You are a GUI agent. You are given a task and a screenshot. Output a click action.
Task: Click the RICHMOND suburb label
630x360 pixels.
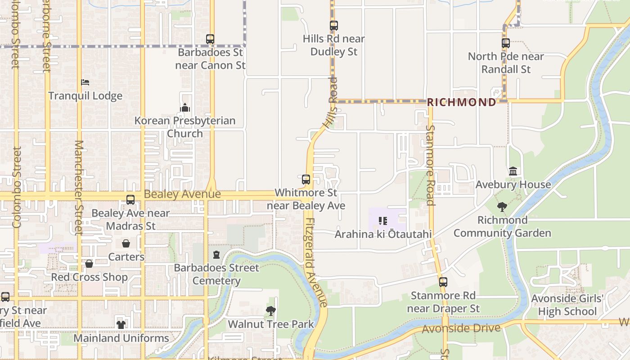point(461,102)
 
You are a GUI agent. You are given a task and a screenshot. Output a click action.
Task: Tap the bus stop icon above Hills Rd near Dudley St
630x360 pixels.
point(333,26)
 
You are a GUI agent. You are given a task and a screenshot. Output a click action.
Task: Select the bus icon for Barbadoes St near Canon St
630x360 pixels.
point(210,39)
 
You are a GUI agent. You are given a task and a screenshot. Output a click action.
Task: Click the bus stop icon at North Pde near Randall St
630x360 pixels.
point(506,43)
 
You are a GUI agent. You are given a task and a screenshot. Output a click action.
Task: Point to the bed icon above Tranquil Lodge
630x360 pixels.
point(85,82)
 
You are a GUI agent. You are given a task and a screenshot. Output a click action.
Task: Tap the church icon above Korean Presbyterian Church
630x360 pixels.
point(185,108)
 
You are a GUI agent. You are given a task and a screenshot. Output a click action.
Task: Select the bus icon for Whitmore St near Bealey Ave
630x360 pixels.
point(306,180)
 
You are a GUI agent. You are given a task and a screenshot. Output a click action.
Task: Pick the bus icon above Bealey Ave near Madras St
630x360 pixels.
point(130,200)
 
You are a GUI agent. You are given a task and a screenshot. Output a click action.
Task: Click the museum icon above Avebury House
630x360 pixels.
point(513,171)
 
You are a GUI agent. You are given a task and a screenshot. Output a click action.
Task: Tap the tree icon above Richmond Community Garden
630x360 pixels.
point(502,207)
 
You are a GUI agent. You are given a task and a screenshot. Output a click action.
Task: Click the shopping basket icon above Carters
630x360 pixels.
point(126,244)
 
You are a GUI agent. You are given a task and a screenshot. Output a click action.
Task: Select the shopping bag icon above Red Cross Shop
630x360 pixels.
point(89,264)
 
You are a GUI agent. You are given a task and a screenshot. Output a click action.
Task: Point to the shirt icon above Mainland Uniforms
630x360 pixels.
point(121,324)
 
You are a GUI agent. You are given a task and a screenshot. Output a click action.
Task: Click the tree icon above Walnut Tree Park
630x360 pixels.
point(271,310)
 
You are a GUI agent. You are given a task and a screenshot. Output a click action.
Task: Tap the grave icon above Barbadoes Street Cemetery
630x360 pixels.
point(216,255)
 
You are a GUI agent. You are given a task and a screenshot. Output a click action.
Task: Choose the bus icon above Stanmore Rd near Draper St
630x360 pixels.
point(443,282)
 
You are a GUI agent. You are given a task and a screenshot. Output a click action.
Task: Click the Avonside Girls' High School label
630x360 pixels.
point(567,305)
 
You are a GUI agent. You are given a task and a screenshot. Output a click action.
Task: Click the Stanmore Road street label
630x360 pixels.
point(431,165)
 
